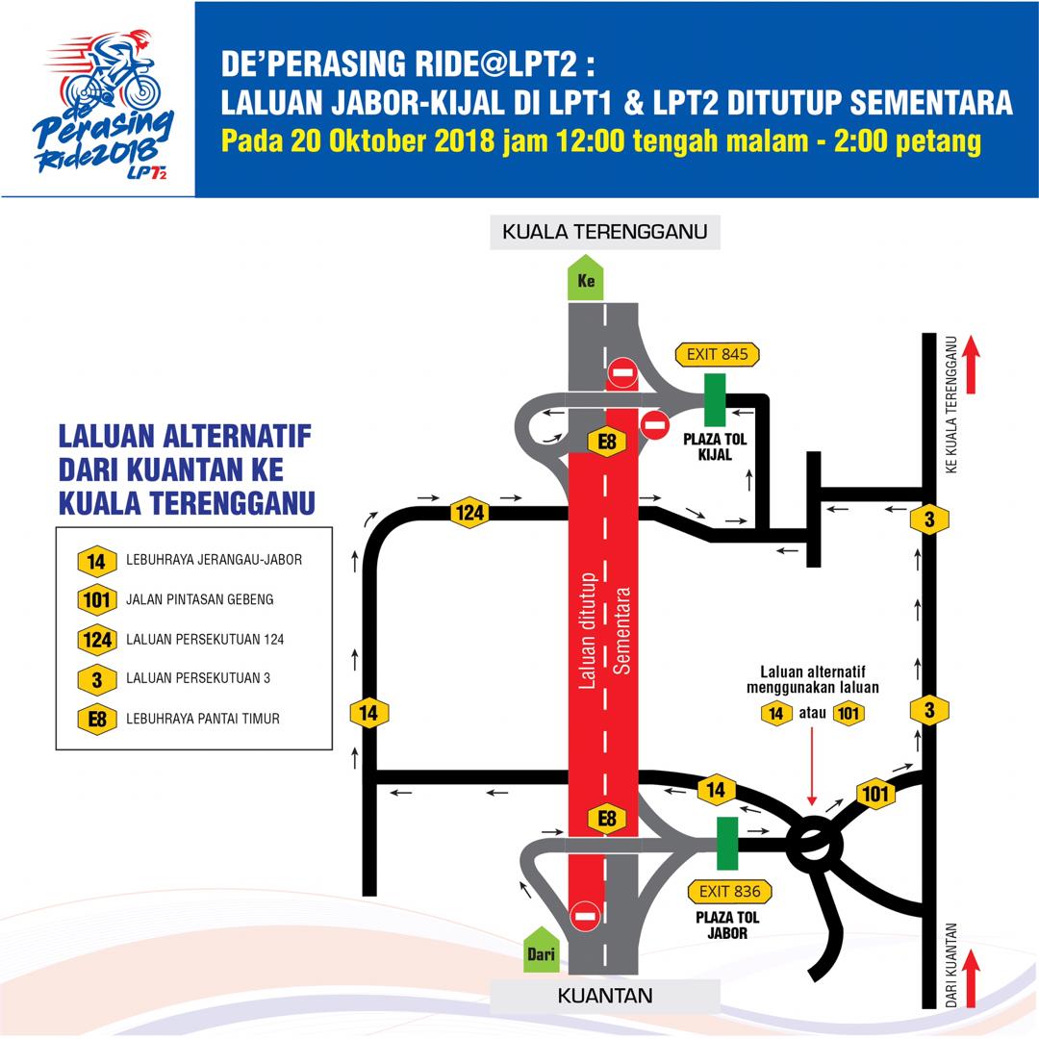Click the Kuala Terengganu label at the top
tap(605, 232)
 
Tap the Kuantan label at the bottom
tap(605, 996)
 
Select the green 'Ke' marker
tap(586, 279)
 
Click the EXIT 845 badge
tap(718, 354)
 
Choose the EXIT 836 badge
tap(730, 891)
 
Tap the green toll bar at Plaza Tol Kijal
tap(714, 399)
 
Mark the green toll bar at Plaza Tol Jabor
tap(727, 842)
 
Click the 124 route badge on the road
tap(470, 513)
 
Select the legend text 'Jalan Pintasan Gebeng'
tap(200, 599)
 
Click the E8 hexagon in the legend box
tap(96, 719)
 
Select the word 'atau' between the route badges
tap(812, 714)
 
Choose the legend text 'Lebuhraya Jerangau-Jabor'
tap(214, 560)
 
